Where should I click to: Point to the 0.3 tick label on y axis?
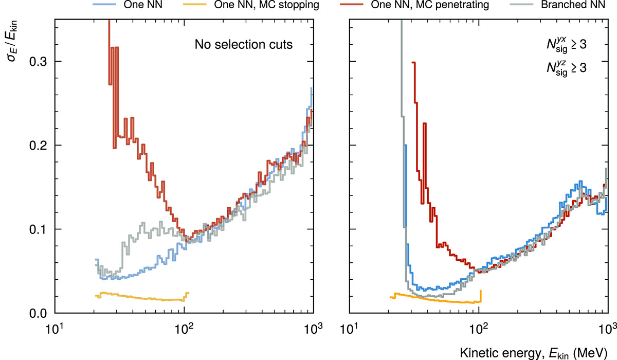tap(40, 61)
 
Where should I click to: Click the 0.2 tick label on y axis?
tap(40, 145)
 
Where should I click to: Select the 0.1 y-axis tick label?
tap(40, 229)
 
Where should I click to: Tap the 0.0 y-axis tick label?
tap(40, 313)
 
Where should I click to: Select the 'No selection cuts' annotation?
tap(244, 45)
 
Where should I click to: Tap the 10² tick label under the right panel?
tap(479, 327)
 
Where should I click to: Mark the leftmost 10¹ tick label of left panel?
tap(55, 327)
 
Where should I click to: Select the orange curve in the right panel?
tap(437, 299)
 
